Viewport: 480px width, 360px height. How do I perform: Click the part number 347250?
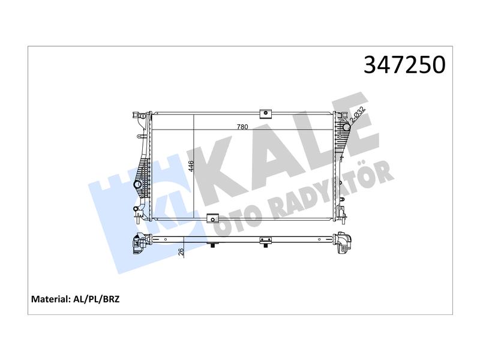click(x=404, y=65)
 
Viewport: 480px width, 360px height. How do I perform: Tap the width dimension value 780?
click(x=242, y=127)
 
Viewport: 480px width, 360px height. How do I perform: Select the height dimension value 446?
click(x=191, y=166)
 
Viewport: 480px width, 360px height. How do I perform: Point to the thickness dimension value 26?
click(x=181, y=251)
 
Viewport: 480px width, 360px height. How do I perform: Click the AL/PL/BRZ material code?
click(x=97, y=299)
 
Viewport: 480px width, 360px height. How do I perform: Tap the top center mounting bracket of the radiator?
click(x=266, y=113)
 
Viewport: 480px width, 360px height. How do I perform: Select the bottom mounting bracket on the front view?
click(x=213, y=218)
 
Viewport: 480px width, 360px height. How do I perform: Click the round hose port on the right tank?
click(x=346, y=127)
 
